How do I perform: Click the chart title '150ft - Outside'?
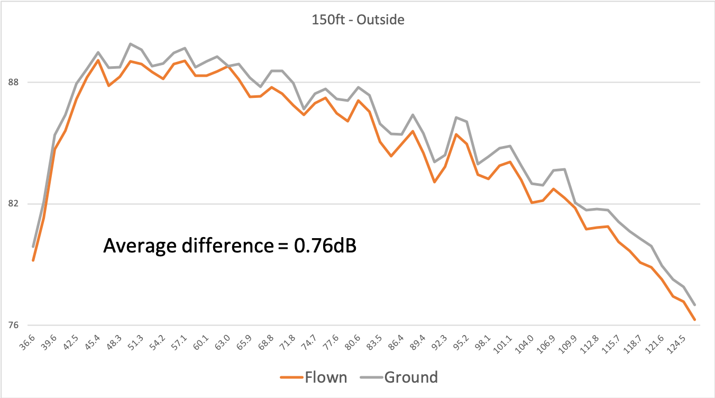358,20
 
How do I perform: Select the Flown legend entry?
314,377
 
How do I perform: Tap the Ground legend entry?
399,377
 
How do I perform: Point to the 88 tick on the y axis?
13,83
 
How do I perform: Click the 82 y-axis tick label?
13,204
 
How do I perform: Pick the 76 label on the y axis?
13,325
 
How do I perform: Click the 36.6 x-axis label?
27,342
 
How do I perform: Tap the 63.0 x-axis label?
223,342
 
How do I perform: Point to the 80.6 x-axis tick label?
353,342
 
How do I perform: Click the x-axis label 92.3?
439,342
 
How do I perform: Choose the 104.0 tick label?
524,344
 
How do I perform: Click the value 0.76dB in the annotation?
325,246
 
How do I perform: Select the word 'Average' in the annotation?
140,246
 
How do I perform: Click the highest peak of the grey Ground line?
130,44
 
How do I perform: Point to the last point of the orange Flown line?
694,320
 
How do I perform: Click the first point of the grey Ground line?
33,246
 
